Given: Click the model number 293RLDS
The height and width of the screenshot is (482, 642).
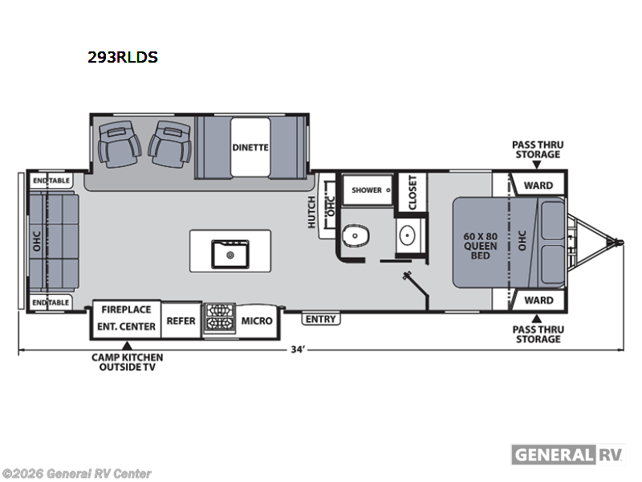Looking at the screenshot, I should (x=123, y=57).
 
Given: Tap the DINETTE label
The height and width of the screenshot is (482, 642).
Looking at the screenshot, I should (x=250, y=147).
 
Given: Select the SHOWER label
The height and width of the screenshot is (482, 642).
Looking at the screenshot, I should (x=367, y=190).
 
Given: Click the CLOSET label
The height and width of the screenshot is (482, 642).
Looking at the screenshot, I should (x=412, y=193).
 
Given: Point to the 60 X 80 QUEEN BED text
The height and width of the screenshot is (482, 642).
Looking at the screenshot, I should (x=481, y=246).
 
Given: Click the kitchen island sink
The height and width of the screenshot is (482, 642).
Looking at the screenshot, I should (x=230, y=255).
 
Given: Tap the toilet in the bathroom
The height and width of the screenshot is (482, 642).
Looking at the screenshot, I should (x=356, y=236).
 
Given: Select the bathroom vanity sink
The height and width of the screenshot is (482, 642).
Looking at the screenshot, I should (x=408, y=235).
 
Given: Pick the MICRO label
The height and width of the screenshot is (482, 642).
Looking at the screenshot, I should (x=257, y=321).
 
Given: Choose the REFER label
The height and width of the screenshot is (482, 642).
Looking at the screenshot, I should (x=181, y=321).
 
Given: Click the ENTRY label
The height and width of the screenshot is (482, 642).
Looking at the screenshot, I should (x=321, y=319).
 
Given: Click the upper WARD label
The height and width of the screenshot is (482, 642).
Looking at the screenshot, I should (x=538, y=186).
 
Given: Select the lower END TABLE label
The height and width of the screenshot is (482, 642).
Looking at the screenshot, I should (x=51, y=302).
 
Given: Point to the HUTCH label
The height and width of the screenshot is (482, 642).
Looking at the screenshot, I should (x=312, y=212).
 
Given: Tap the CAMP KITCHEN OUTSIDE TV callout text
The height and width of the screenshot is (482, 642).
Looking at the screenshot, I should (x=126, y=362).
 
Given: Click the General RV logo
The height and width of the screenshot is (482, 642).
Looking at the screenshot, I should (x=568, y=454).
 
